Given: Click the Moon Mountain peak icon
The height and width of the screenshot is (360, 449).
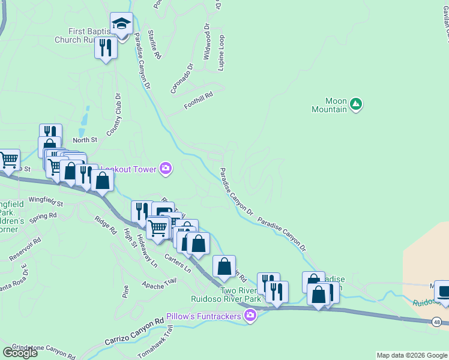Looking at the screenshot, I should [x=356, y=104].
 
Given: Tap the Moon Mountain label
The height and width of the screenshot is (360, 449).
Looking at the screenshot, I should [x=330, y=105].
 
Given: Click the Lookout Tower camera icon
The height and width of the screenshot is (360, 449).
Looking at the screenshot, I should [x=166, y=169].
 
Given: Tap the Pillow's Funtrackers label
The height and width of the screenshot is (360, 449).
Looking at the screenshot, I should [x=208, y=316].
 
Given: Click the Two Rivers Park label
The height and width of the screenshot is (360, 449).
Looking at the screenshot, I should [x=226, y=294].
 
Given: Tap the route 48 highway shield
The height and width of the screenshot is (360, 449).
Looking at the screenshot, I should [x=436, y=322].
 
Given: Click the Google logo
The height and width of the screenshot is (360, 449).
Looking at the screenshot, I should [x=19, y=352].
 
